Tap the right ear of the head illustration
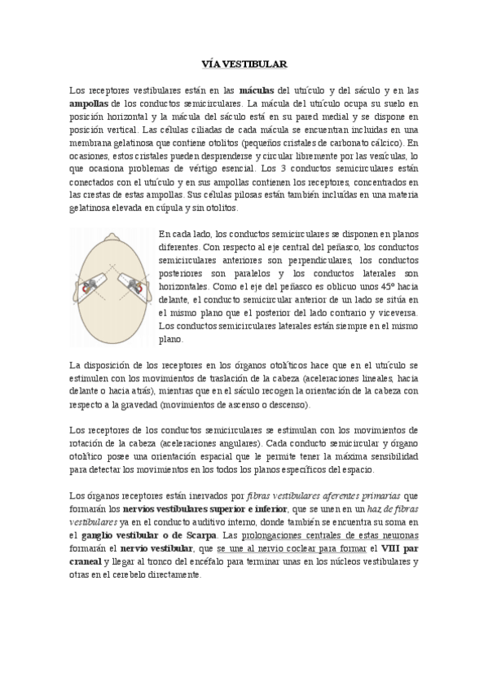(153, 285)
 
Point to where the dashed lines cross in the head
(114, 269)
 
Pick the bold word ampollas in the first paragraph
(89, 104)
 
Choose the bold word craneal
(86, 561)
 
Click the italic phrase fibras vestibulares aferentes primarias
(324, 496)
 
